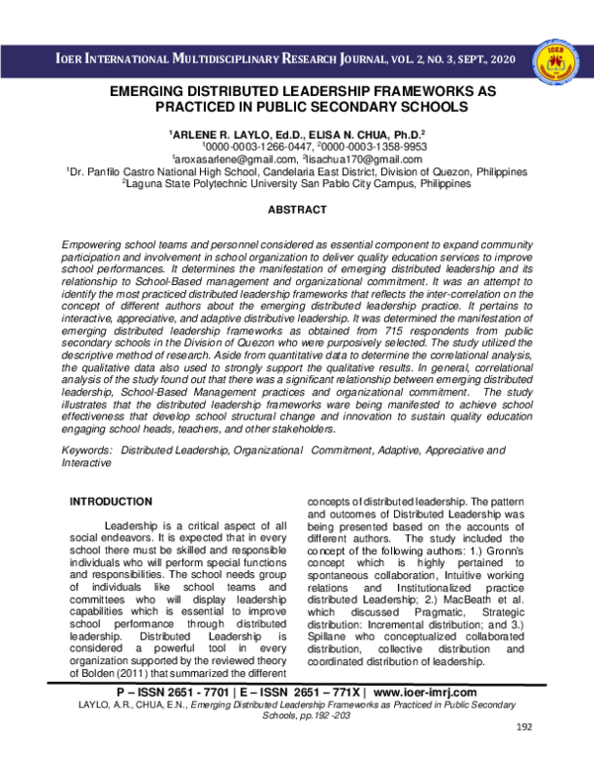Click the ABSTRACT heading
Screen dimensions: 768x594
297,211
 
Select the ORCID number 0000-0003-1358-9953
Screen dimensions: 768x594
356,144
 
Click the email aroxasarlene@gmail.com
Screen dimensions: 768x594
229,158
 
